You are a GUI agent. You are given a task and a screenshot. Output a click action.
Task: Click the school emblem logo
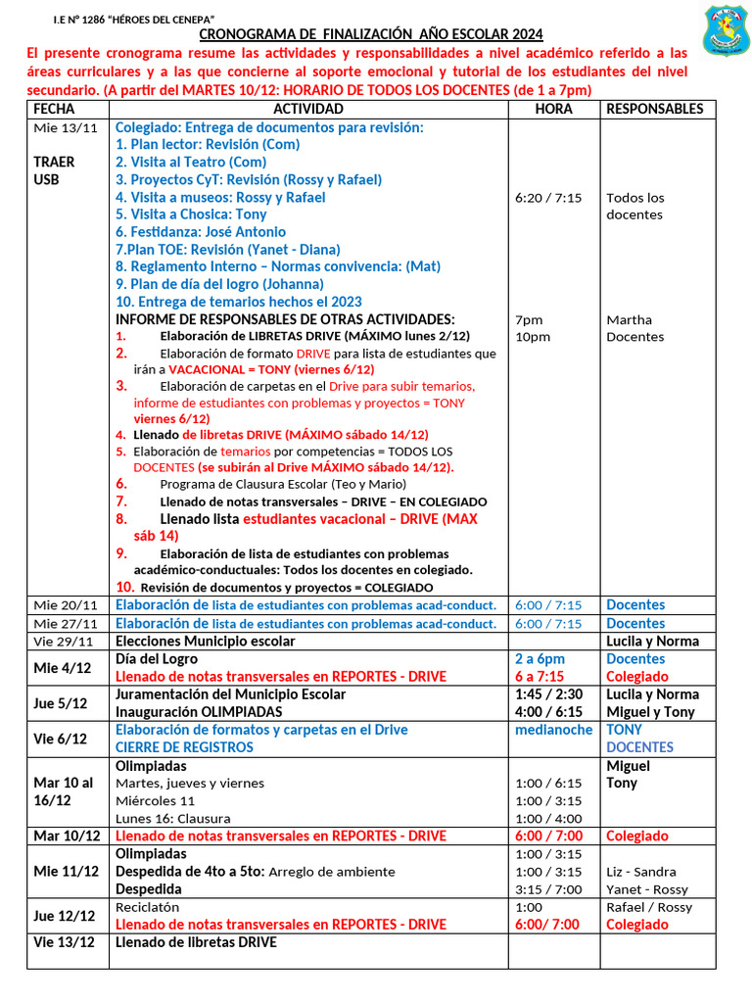coord(727,30)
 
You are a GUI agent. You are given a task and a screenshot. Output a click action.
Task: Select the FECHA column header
coord(54,109)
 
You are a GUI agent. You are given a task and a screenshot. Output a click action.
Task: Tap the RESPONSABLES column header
coord(655,109)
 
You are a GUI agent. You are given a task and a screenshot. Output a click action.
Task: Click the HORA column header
coord(554,109)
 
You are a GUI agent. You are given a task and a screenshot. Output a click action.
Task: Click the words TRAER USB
coord(47,170)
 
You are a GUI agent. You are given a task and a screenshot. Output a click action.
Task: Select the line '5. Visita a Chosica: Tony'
coord(191,215)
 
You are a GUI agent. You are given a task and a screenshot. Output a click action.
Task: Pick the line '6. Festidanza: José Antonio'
coord(201,232)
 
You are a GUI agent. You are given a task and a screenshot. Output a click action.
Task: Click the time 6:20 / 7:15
coord(548,198)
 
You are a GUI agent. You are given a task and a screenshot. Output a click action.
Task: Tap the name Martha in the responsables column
coord(629,320)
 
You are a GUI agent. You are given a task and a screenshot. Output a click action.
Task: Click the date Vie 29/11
coord(64,642)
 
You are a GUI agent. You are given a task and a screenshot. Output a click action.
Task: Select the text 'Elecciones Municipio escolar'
coord(206,642)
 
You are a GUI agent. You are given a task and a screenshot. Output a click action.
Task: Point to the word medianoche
coord(553,730)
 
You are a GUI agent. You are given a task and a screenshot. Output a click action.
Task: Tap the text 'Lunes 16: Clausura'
coord(173,818)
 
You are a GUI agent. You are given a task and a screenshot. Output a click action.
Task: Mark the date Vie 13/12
coord(65,942)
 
